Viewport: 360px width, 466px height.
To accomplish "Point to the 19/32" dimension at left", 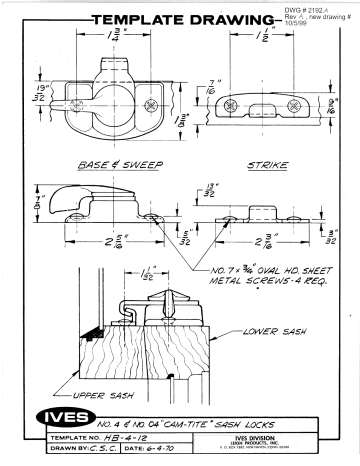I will (x=24, y=94).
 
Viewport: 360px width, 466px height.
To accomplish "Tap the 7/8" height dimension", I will (x=24, y=202).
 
